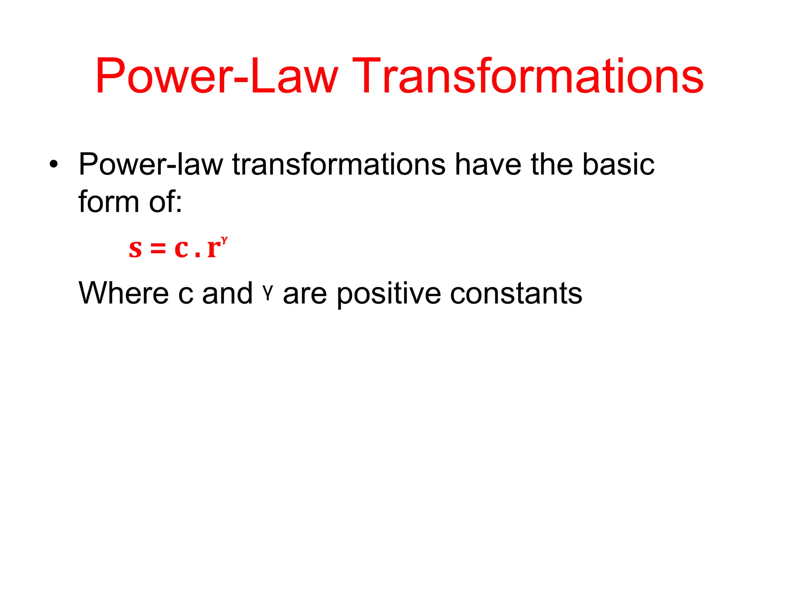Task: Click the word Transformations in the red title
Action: click(530, 76)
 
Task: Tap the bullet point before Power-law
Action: click(54, 164)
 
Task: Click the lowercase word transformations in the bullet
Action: click(339, 164)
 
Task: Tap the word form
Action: click(109, 202)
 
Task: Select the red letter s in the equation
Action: click(135, 249)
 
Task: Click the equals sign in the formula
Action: click(158, 249)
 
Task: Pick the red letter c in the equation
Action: click(181, 248)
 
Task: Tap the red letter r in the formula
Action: click(214, 249)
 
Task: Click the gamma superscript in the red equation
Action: click(224, 239)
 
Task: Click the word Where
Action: click(124, 293)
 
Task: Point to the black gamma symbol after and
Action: click(268, 293)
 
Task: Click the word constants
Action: click(516, 293)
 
